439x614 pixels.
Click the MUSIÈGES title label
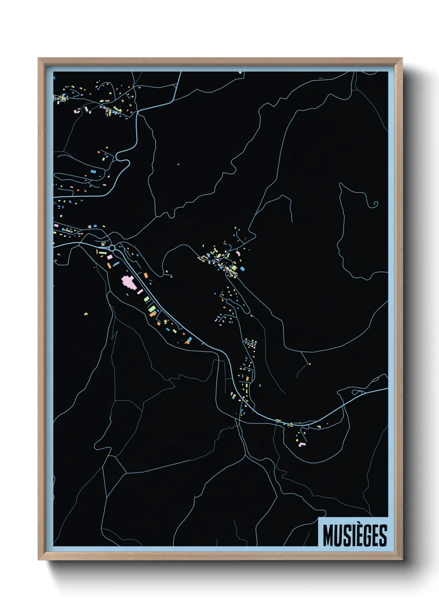coord(355,535)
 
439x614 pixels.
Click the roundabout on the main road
coord(112,248)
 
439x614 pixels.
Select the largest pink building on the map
coord(128,283)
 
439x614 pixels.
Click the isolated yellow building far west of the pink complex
coord(86,314)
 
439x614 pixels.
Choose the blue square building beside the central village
coord(242,269)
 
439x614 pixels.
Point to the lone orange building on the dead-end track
coord(310,364)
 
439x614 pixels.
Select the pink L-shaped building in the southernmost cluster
coord(302,445)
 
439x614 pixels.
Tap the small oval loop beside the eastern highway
coord(356,392)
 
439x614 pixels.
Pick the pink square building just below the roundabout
coord(110,258)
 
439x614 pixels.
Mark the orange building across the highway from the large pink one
coord(146,275)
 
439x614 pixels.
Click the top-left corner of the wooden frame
coord(39,58)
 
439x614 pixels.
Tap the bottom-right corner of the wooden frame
coord(402,560)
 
